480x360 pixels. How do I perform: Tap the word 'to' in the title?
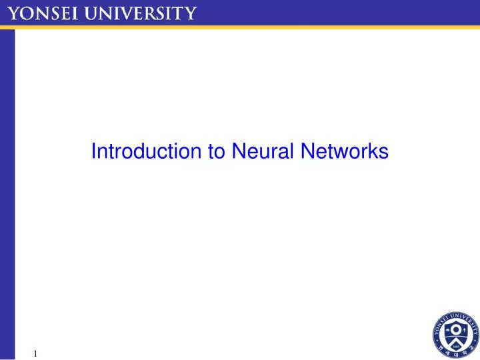click(x=217, y=152)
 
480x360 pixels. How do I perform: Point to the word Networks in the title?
click(x=344, y=152)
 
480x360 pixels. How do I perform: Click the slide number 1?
click(x=35, y=353)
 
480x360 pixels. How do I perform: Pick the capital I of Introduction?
click(x=93, y=152)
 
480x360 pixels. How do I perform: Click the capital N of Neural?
click(x=238, y=152)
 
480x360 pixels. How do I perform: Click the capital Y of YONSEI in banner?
click(x=13, y=13)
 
